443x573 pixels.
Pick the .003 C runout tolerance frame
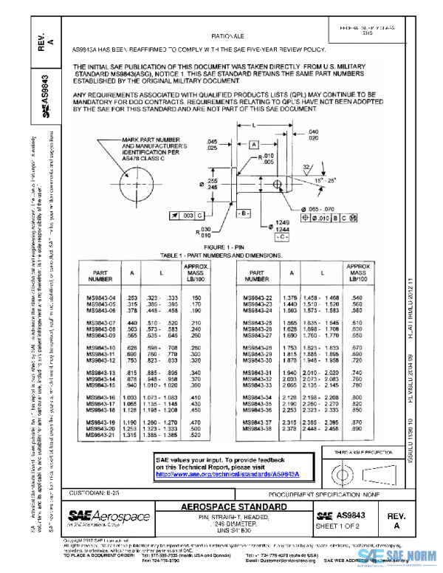tap(187, 214)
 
